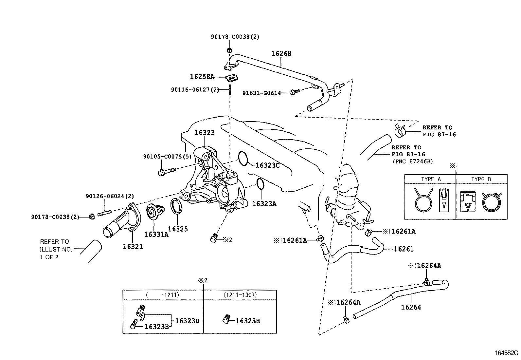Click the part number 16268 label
(281, 53)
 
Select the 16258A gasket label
(202, 77)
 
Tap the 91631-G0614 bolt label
(261, 93)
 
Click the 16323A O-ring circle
(260, 184)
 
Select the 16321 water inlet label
(133, 246)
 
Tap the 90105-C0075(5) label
(167, 157)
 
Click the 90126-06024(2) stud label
(110, 196)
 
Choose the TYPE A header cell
(431, 179)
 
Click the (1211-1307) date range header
(240, 295)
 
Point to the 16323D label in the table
(187, 321)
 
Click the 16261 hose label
(404, 249)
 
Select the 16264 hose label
(411, 307)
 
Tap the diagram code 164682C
(506, 353)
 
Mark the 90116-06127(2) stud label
(195, 89)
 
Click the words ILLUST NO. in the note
(56, 249)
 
